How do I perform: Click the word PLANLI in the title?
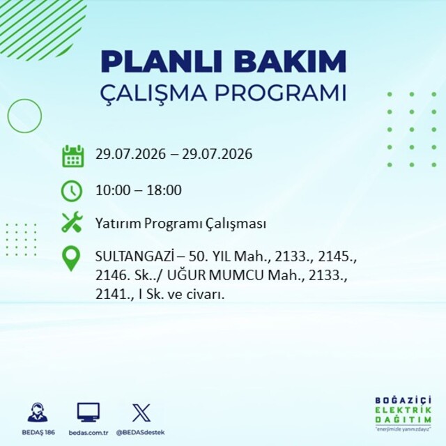(x=161, y=61)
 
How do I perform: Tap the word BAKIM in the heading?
(x=290, y=61)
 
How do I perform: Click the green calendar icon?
(x=72, y=155)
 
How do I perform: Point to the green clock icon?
(x=72, y=191)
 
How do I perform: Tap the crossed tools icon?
(x=72, y=222)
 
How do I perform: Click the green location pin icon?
(x=71, y=259)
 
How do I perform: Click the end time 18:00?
(x=164, y=190)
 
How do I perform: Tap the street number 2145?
(x=337, y=257)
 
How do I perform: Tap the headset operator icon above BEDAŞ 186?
(x=38, y=412)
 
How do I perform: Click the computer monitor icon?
(x=89, y=413)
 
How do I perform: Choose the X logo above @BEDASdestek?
(x=141, y=413)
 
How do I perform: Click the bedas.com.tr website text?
(x=89, y=433)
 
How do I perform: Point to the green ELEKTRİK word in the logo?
(x=403, y=410)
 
